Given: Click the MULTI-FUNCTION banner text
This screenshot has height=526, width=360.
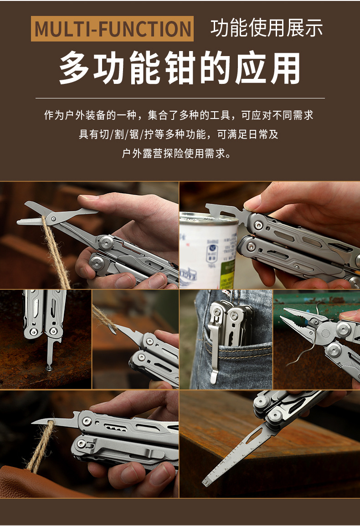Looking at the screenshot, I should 112,29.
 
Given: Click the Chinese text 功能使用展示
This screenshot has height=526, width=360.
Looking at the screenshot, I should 267,28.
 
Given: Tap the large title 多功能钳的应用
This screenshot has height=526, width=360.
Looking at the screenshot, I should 180,69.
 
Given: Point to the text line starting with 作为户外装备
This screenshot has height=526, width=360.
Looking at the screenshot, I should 179,115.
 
